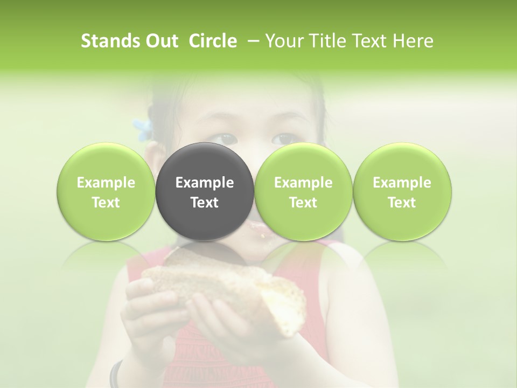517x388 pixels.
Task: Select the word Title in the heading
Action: pyautogui.click(x=333, y=41)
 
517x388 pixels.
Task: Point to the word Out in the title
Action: pyautogui.click(x=160, y=41)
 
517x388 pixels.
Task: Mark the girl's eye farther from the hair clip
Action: pyautogui.click(x=283, y=139)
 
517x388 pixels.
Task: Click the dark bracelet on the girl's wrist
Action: pyautogui.click(x=115, y=375)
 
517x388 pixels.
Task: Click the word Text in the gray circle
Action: pyautogui.click(x=205, y=203)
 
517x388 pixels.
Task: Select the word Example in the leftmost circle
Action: pyautogui.click(x=106, y=183)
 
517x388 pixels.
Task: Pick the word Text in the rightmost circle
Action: pyautogui.click(x=402, y=203)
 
